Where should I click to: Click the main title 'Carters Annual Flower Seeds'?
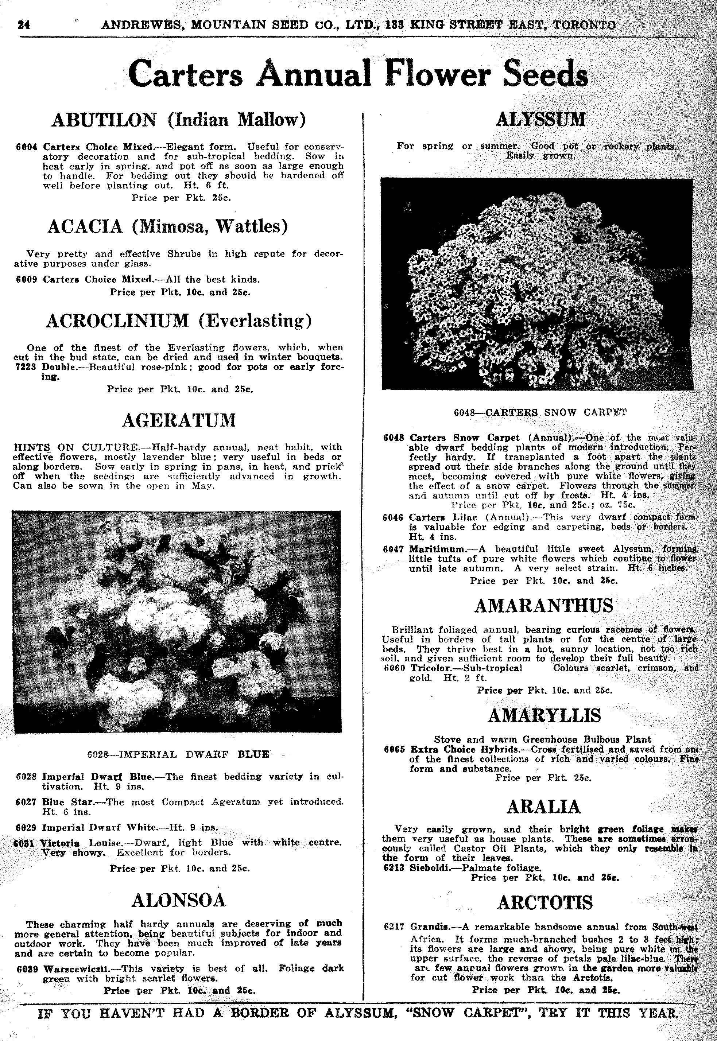tap(358, 73)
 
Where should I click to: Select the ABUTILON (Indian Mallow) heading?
tap(179, 120)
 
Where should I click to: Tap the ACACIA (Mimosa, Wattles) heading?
tap(167, 226)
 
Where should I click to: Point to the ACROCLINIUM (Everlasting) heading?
tap(179, 321)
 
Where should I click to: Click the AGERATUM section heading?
tap(179, 420)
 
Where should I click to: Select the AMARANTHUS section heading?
tap(543, 606)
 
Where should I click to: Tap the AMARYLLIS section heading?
tap(544, 715)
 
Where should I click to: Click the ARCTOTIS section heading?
tap(544, 903)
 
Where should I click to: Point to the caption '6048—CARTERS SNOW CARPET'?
tap(540, 412)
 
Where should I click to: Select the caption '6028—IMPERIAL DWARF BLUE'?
tap(178, 754)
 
